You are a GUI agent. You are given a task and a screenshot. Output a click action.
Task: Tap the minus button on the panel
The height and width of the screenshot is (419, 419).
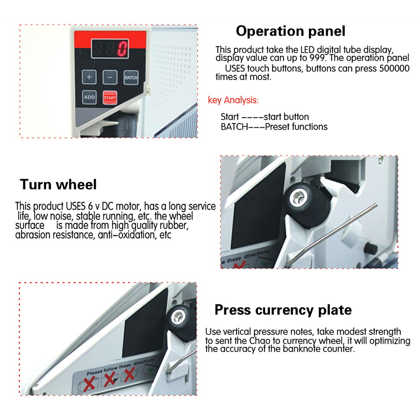coord(110,77)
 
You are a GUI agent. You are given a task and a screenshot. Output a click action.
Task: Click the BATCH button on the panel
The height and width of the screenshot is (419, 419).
coord(131,77)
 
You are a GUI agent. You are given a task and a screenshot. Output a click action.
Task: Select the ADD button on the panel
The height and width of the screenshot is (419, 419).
coord(89,97)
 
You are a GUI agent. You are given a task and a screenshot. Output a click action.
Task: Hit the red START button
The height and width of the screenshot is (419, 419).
coord(110,97)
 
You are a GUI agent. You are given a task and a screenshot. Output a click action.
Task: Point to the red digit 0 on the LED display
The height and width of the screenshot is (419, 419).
coord(123,49)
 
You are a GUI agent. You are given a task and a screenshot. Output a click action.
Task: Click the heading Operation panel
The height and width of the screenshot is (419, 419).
coord(290,31)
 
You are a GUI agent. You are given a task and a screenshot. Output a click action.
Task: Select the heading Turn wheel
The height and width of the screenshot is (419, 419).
coord(58,184)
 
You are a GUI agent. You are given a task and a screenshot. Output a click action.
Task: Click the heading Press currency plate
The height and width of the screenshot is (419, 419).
coord(283,310)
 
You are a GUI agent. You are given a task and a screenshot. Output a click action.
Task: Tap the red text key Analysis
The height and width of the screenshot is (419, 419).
coord(233,100)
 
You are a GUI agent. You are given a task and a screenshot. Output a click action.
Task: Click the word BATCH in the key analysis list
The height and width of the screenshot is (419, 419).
coord(234,126)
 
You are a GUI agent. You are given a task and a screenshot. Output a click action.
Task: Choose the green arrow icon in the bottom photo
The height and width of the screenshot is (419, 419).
coord(149,370)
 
